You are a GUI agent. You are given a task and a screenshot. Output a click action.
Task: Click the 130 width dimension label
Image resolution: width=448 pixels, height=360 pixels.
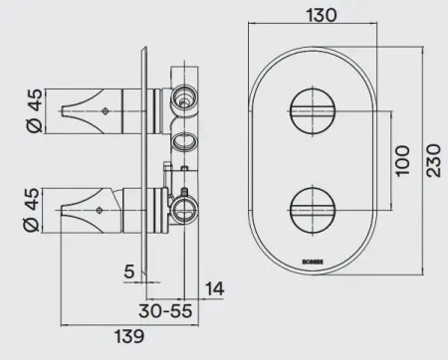click(316, 16)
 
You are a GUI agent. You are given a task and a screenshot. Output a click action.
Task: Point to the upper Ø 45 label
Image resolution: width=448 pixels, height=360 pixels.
click(33, 108)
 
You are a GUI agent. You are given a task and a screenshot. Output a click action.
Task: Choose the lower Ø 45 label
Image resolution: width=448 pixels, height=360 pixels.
click(33, 210)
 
